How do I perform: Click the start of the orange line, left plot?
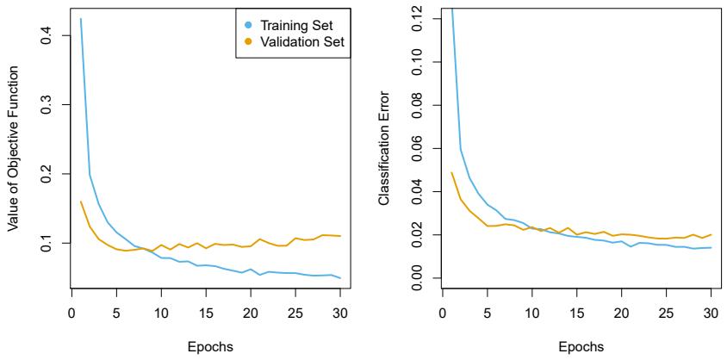coord(80,202)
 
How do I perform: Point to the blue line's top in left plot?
coord(80,19)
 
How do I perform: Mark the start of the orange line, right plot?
coord(451,172)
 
